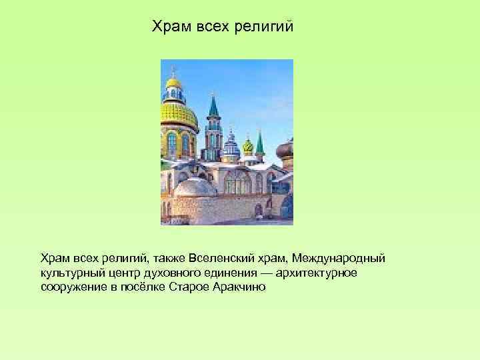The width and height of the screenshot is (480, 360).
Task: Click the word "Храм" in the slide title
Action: [169, 27]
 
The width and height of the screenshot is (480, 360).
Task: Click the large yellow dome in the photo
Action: [177, 113]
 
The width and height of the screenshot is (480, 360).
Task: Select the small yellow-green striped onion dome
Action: [247, 145]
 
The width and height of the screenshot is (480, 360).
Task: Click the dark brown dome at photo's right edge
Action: [285, 151]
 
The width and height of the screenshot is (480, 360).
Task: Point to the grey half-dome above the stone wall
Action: [195, 187]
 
